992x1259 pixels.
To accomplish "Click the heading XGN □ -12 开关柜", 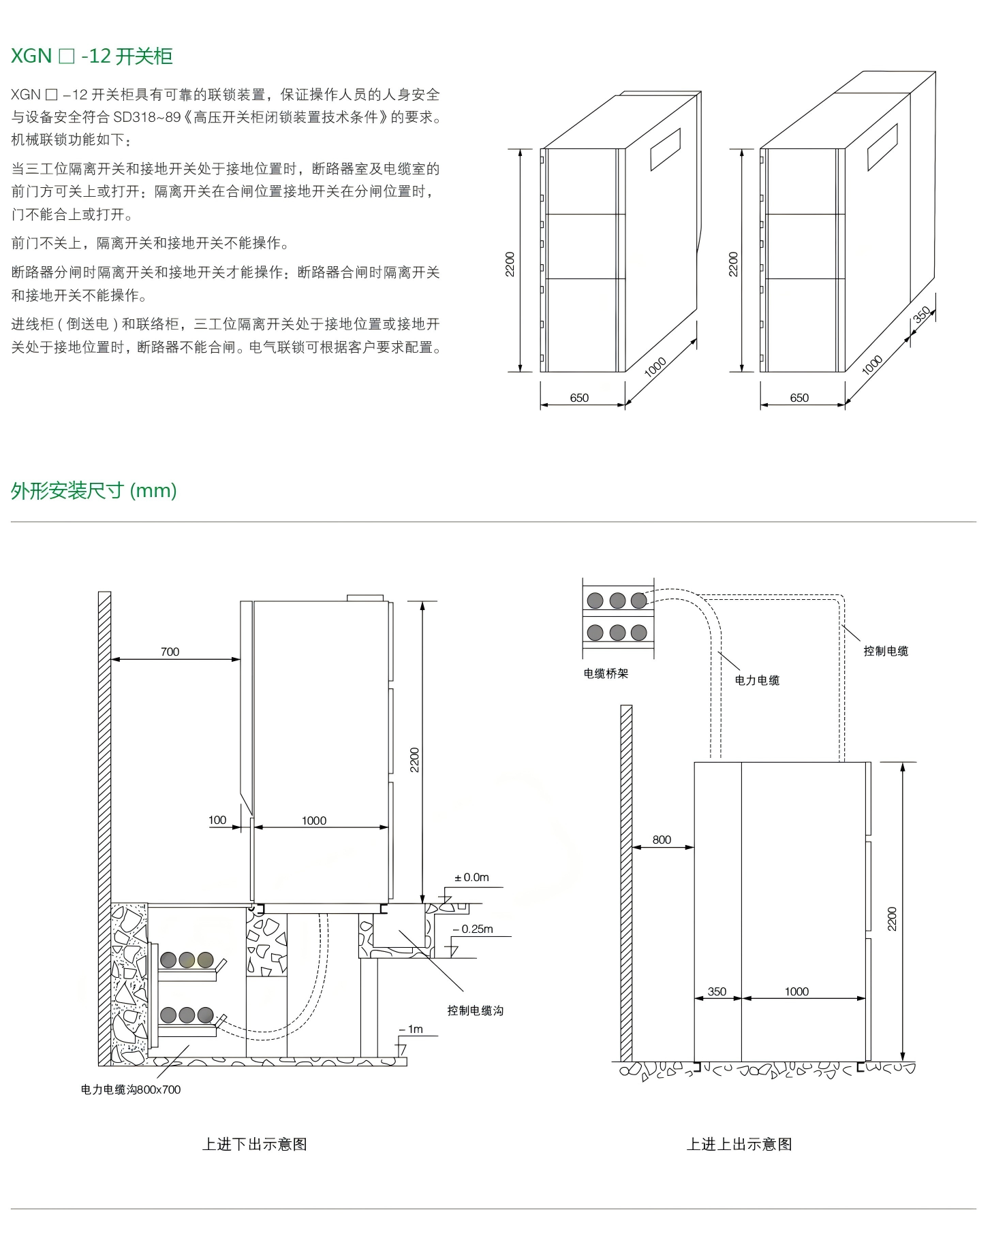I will coord(92,56).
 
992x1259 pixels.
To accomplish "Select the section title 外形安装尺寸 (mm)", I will coord(94,490).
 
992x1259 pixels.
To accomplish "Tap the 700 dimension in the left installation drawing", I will coord(170,652).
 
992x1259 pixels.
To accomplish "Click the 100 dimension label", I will coord(217,820).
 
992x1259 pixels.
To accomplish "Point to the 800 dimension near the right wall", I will coord(662,840).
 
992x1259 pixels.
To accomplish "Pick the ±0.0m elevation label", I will coord(471,877).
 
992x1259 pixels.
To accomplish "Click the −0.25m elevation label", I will coord(474,929).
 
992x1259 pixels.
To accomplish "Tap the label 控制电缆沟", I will coord(475,1010).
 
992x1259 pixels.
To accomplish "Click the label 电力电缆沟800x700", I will coord(131,1089).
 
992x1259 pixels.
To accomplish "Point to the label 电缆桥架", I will coord(606,673).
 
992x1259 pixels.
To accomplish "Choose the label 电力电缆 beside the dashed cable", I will coord(757,680).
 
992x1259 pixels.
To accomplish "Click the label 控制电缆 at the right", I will coord(886,651).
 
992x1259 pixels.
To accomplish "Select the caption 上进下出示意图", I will coord(254,1144).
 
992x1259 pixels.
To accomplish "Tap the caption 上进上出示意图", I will coord(739,1144).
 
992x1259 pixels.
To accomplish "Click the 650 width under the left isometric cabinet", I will coord(579,398).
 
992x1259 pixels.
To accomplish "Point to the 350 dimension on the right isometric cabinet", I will coord(922,315).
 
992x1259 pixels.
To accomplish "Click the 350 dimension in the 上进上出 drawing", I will coord(717,991).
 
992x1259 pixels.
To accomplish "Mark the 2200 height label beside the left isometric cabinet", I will coord(510,264).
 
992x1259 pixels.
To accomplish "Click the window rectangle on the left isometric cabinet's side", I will coord(665,149).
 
